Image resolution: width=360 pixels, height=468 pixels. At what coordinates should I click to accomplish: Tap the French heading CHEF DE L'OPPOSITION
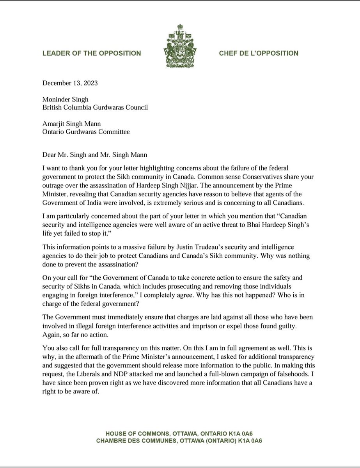(x=258, y=53)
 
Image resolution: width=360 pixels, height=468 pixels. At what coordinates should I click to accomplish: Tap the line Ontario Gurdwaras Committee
(x=86, y=132)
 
